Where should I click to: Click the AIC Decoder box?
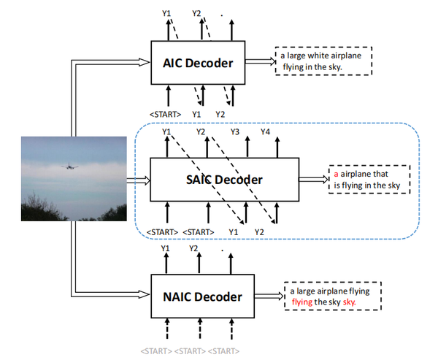point(198,63)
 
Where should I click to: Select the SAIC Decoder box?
point(225,180)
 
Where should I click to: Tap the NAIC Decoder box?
point(202,296)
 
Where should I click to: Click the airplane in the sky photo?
point(69,166)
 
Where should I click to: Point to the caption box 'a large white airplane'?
point(323,61)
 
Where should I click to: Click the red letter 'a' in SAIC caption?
point(336,174)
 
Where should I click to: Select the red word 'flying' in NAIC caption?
point(302,302)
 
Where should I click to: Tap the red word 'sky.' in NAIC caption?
point(350,302)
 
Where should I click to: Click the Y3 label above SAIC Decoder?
point(235,131)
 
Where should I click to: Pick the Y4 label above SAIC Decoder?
point(266,131)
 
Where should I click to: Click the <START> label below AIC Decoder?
point(166,115)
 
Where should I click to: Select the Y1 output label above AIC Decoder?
point(166,13)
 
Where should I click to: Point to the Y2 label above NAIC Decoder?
point(193,248)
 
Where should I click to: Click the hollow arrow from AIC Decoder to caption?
point(261,61)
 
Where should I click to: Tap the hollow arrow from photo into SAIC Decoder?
point(138,180)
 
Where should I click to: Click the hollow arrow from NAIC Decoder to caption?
point(269,296)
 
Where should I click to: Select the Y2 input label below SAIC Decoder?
point(259,232)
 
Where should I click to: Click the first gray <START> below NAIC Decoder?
point(156,351)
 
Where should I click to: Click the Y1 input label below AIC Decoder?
point(196,115)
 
